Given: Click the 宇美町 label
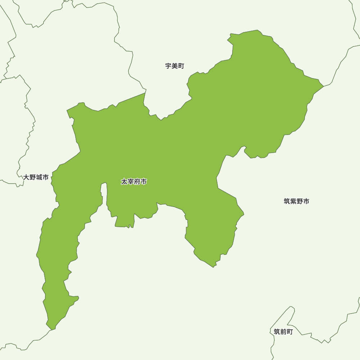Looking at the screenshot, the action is (175, 66).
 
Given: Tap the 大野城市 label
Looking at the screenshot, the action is (36, 177).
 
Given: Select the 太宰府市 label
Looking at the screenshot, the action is (134, 182).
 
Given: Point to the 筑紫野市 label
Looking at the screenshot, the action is (296, 201).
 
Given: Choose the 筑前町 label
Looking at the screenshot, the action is (283, 332).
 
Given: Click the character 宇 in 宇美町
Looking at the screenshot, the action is (168, 66).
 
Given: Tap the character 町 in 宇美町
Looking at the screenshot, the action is (181, 66).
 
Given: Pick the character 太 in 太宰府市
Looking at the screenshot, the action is (124, 182).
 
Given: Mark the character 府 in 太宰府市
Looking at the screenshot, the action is (137, 182).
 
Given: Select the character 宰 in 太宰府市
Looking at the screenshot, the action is (131, 182).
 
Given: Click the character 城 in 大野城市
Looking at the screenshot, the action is (39, 177).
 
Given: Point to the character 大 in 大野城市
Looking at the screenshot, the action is (26, 177).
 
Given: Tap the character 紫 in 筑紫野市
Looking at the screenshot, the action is (293, 201).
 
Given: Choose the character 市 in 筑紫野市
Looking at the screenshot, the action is (306, 201).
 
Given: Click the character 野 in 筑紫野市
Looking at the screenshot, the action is (300, 201).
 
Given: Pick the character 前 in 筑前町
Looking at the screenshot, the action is (283, 332).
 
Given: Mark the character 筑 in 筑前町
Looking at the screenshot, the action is (277, 332).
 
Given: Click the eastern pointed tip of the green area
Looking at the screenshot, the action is (323, 86).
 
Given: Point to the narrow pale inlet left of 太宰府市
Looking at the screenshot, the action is (104, 194).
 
